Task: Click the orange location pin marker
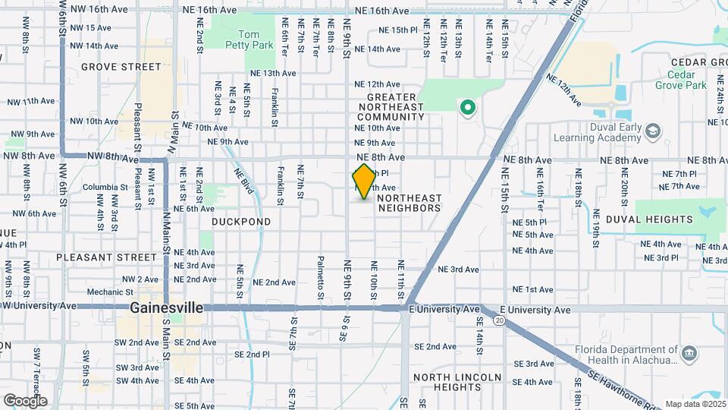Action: pos(364,181)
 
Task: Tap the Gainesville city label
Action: pos(166,308)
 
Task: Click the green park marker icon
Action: pos(468,107)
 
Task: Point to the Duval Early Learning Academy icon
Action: pos(651,133)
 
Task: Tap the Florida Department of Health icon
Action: pos(689,354)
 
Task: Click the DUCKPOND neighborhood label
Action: pos(241,222)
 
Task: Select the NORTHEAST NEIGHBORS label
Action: pos(409,203)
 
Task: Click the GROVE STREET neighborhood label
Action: pos(121,67)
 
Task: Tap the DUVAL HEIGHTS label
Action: pos(664,219)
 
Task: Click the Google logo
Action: pos(25,401)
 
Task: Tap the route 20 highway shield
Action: pos(499,320)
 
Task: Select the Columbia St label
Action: pos(101,187)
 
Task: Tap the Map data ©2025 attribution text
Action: pos(695,404)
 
